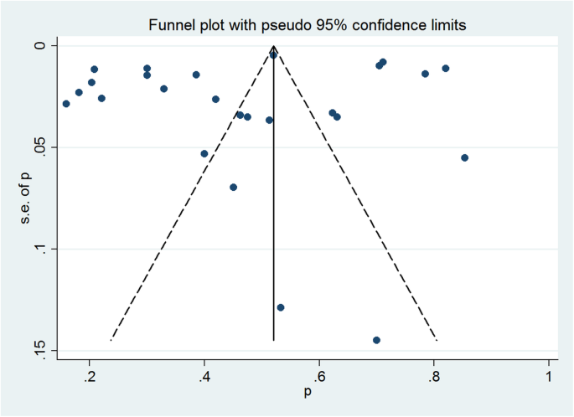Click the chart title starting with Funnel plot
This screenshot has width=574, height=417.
pyautogui.click(x=307, y=26)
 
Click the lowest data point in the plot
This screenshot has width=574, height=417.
pyautogui.click(x=376, y=340)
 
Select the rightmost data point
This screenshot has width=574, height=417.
pyautogui.click(x=464, y=157)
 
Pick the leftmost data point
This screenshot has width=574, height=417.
pyautogui.click(x=66, y=104)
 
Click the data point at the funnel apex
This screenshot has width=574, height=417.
pyautogui.click(x=273, y=54)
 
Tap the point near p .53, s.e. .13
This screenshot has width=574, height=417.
pyautogui.click(x=281, y=307)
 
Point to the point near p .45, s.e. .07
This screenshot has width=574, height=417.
pyautogui.click(x=233, y=187)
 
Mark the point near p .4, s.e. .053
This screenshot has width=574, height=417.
pyautogui.click(x=204, y=153)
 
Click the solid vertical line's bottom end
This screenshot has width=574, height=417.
pyautogui.click(x=274, y=340)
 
